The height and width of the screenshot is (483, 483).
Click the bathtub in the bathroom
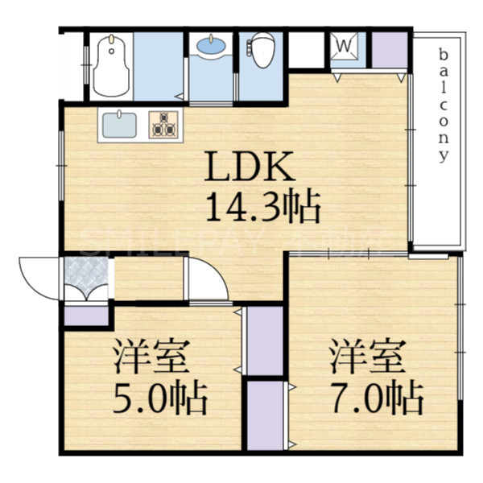coord(110,66)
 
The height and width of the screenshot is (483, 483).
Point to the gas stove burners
coord(164,125)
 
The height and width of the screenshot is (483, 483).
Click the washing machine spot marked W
coord(342,47)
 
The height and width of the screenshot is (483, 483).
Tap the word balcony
coord(443,105)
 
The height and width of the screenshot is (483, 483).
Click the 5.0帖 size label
coord(160,398)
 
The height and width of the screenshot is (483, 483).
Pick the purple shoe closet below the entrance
coord(86,314)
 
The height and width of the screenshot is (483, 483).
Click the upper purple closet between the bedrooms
coord(264,340)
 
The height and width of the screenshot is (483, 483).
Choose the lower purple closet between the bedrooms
coord(264,414)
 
